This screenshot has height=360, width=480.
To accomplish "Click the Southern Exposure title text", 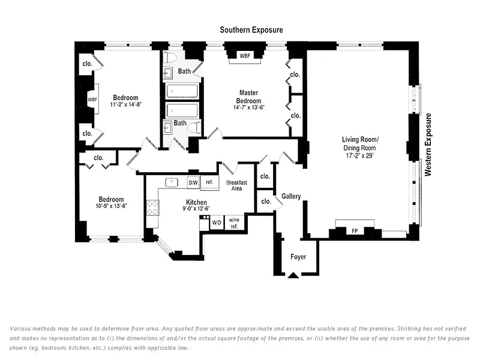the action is [x=251, y=29].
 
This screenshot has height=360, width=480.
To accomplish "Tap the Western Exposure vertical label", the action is [x=428, y=145].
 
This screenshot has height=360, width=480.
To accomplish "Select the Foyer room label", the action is [x=298, y=257].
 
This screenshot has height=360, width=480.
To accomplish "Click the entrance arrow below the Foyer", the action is [x=293, y=275].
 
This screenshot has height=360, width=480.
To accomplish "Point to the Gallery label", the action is [x=291, y=196].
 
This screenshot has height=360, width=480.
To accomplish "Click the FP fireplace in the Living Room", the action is [x=355, y=230].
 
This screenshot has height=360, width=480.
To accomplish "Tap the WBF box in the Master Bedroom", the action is [x=245, y=55].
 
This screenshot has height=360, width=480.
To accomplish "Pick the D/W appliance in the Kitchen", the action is [x=193, y=182].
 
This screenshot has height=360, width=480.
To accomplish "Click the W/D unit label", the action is [x=216, y=223].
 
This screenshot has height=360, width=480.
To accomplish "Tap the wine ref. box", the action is [x=234, y=223].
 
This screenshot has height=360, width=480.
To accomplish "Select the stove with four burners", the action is [x=152, y=208].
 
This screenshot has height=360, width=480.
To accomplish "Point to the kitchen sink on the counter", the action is [x=171, y=182].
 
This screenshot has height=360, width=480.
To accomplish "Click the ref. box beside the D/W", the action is [x=209, y=182].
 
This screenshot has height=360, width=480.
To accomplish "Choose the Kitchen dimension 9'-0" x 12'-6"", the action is [x=196, y=209].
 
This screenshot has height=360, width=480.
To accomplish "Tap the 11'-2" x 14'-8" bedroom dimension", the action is [x=126, y=105].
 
